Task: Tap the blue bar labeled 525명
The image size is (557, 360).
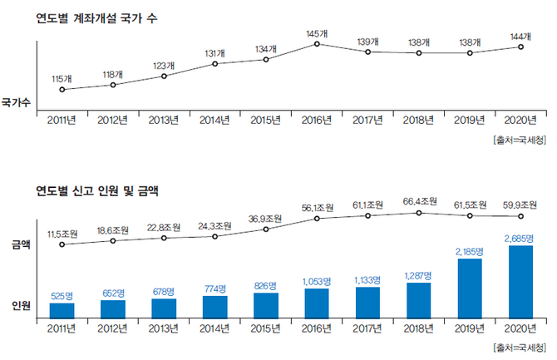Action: (62, 310)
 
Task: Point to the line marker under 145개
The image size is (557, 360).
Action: (317, 43)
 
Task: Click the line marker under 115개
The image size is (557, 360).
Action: (62, 89)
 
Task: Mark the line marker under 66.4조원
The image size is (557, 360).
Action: (419, 213)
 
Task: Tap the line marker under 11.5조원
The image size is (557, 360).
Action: (62, 244)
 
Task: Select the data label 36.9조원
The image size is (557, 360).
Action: (266, 218)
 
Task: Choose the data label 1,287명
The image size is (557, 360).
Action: (419, 274)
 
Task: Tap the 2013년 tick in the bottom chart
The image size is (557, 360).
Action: (164, 328)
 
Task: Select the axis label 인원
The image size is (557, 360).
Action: (22, 306)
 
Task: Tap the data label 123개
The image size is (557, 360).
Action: (164, 66)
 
